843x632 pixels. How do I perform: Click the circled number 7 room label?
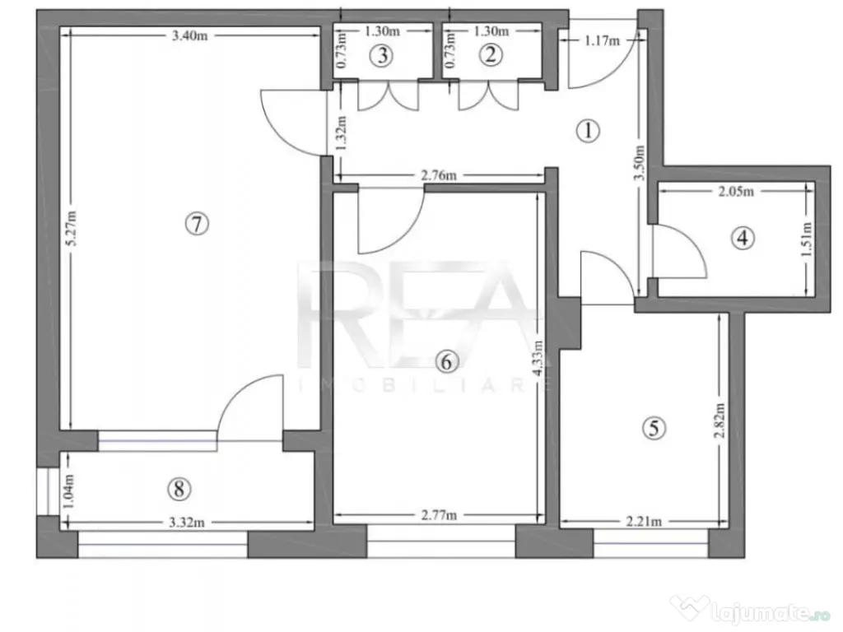click(198, 224)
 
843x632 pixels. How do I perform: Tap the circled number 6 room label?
click(445, 360)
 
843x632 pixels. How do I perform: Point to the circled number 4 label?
click(743, 239)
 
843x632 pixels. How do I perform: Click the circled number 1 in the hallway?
click(588, 130)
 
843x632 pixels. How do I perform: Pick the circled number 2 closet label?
click(491, 55)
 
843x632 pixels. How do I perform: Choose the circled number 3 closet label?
click(381, 55)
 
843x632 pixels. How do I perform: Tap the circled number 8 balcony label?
click(178, 489)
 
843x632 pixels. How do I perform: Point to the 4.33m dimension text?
click(539, 360)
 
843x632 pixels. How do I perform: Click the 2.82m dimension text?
click(720, 424)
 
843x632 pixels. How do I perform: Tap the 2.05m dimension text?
click(736, 191)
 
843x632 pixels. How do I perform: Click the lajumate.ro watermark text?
click(758, 611)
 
